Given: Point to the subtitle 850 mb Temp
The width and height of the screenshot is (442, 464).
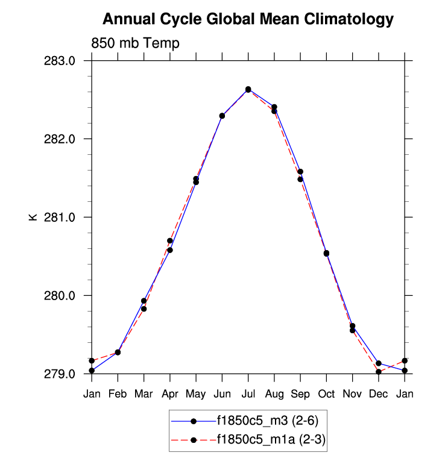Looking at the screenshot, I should [135, 43].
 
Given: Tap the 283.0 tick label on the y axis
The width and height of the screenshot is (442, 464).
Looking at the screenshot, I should [62, 61].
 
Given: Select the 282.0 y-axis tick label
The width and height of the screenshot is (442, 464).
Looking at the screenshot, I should [62, 139].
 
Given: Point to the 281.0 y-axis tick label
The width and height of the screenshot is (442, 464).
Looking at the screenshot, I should [62, 218].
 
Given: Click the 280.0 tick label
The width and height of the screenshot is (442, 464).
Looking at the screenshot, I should [62, 296].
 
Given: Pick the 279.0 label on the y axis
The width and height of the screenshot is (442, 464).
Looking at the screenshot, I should [62, 374].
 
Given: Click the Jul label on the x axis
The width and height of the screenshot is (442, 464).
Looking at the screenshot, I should [248, 393].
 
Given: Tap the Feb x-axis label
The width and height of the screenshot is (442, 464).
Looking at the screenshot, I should [118, 393].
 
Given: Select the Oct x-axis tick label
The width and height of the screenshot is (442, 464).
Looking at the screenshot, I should [326, 393].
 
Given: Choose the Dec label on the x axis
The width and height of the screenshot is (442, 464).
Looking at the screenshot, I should [379, 393].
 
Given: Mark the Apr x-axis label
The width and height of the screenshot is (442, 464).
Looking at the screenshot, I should [170, 393].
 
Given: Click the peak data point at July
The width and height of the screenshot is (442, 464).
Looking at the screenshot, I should [248, 89].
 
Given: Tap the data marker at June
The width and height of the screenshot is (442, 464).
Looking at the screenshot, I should [222, 116].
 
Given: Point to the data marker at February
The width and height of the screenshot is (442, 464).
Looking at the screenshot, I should [118, 352].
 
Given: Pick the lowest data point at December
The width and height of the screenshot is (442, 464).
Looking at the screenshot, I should [379, 372].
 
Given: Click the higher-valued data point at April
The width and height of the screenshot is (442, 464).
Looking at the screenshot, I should [170, 241].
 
